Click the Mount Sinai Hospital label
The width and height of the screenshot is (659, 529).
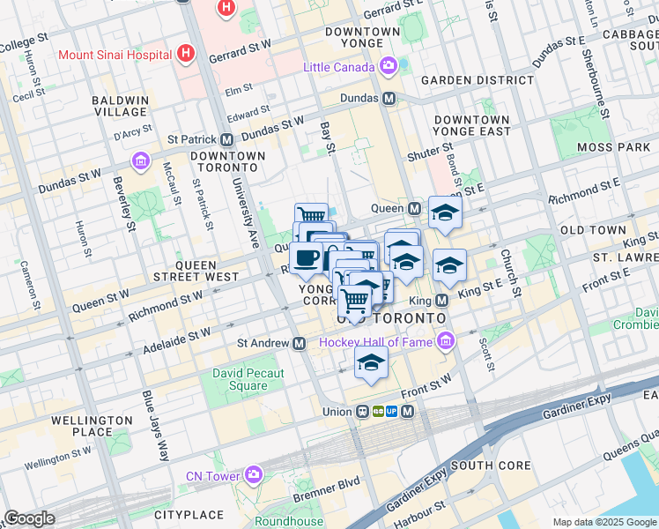(x=115, y=54)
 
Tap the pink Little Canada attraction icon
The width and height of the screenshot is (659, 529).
(x=388, y=67)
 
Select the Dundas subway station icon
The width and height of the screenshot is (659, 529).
(x=388, y=98)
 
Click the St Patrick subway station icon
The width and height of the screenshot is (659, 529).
(x=227, y=139)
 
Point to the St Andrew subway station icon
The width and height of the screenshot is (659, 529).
(x=300, y=343)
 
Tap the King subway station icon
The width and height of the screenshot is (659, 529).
(x=443, y=301)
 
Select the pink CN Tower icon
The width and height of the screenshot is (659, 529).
(x=254, y=476)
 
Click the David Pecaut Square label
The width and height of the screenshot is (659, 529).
(x=248, y=379)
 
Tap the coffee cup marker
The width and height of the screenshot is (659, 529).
(x=306, y=258)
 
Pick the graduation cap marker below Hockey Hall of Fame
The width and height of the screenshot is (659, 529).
(x=371, y=361)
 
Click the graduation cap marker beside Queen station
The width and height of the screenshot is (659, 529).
(x=445, y=212)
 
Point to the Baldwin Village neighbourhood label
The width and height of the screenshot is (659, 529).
(x=121, y=106)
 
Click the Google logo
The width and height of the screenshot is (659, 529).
(x=29, y=518)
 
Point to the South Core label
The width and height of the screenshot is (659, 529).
(x=491, y=465)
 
